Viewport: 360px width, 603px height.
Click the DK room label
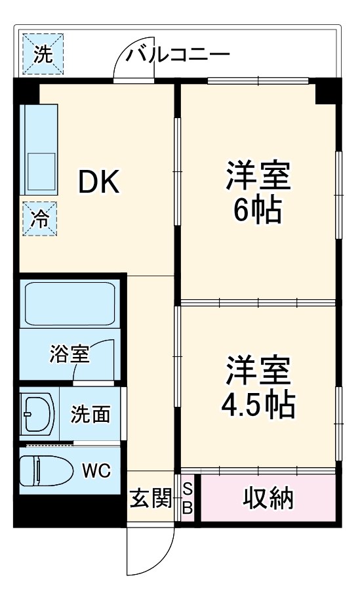[100, 183]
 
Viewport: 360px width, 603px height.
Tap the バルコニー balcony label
[178, 54]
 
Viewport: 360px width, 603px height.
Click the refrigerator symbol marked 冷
[40, 218]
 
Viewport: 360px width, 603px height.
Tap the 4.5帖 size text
[258, 405]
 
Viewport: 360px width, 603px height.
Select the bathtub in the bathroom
[70, 304]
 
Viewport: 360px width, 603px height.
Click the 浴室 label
[69, 354]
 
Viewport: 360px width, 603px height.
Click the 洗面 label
[90, 414]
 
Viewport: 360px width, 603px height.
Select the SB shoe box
[187, 499]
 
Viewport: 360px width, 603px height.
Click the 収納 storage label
[268, 499]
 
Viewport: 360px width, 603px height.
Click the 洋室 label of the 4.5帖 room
[258, 371]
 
